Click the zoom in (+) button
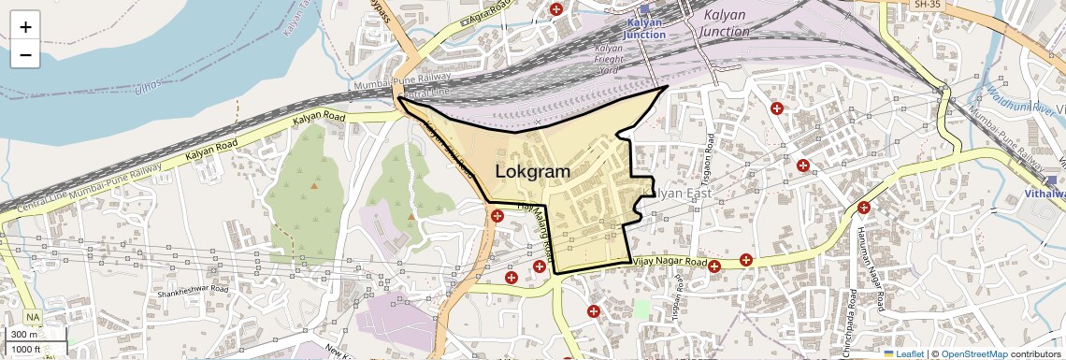[x=25, y=26]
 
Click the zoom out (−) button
[x=25, y=55]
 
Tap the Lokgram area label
[x=532, y=172]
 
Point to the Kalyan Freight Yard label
[x=609, y=58]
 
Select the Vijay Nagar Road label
[x=670, y=263]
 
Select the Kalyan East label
[x=681, y=193]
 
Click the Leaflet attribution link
[x=904, y=353]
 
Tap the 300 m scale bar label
[x=23, y=334]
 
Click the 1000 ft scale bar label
[x=25, y=350]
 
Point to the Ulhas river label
[x=147, y=88]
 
